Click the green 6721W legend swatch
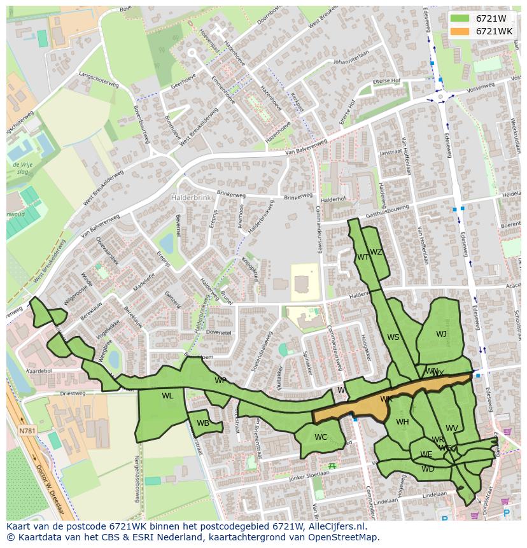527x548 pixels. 460,18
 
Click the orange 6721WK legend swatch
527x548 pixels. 460,31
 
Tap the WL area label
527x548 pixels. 167,396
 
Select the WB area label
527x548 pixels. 203,423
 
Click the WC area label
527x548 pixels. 321,437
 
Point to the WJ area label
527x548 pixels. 441,334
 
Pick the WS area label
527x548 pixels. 393,337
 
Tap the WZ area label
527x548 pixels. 376,252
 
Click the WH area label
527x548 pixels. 402,422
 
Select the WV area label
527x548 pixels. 452,428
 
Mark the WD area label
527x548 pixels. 428,469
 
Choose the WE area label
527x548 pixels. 426,454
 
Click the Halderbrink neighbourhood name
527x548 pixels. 189,198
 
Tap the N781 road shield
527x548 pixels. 27,431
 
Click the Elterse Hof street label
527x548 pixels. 387,81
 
